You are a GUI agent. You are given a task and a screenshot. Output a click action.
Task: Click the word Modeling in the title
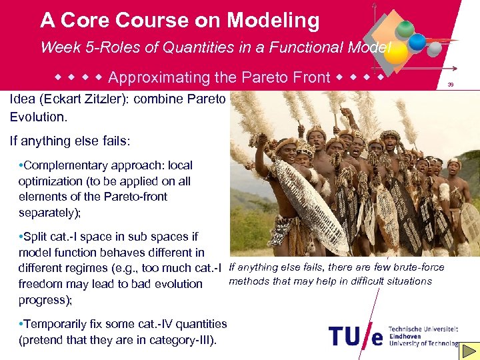pos(273,21)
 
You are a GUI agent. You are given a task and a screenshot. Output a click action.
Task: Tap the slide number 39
pos(451,85)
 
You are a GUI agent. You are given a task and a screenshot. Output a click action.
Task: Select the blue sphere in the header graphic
pos(417,42)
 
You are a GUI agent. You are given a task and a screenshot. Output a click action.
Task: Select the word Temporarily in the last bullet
pos(59,324)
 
